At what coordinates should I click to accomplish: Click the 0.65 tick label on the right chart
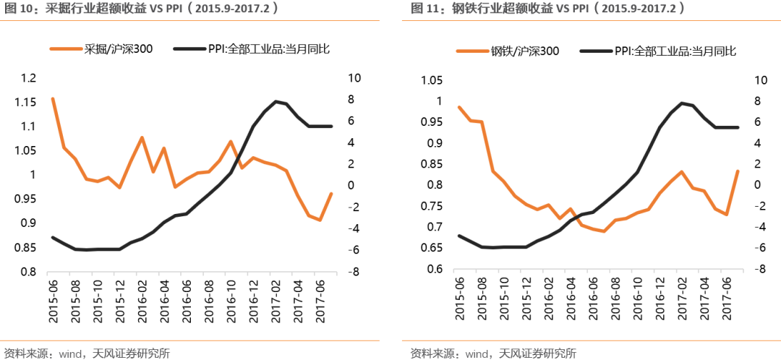pyautogui.click(x=432, y=248)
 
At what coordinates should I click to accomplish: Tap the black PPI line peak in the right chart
pyautogui.click(x=681, y=103)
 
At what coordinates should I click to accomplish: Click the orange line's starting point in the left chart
pyautogui.click(x=53, y=98)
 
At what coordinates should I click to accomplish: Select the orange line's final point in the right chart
pyautogui.click(x=738, y=171)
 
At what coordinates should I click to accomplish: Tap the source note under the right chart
pyautogui.click(x=493, y=353)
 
